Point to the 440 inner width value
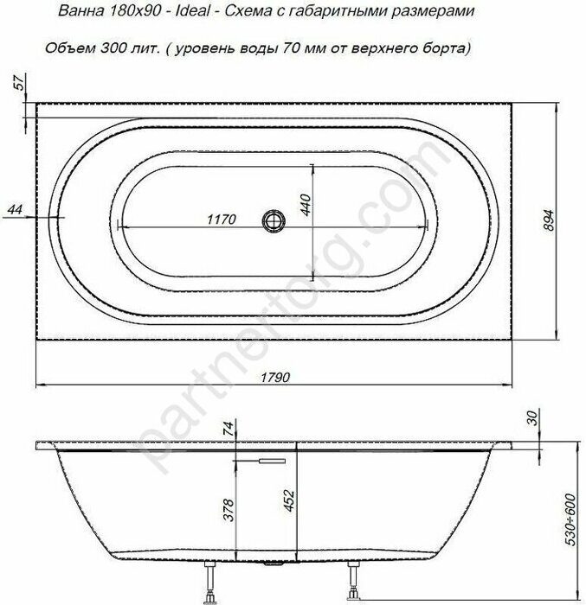304,205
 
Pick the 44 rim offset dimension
15,210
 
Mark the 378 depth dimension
228,510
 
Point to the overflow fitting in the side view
263,462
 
